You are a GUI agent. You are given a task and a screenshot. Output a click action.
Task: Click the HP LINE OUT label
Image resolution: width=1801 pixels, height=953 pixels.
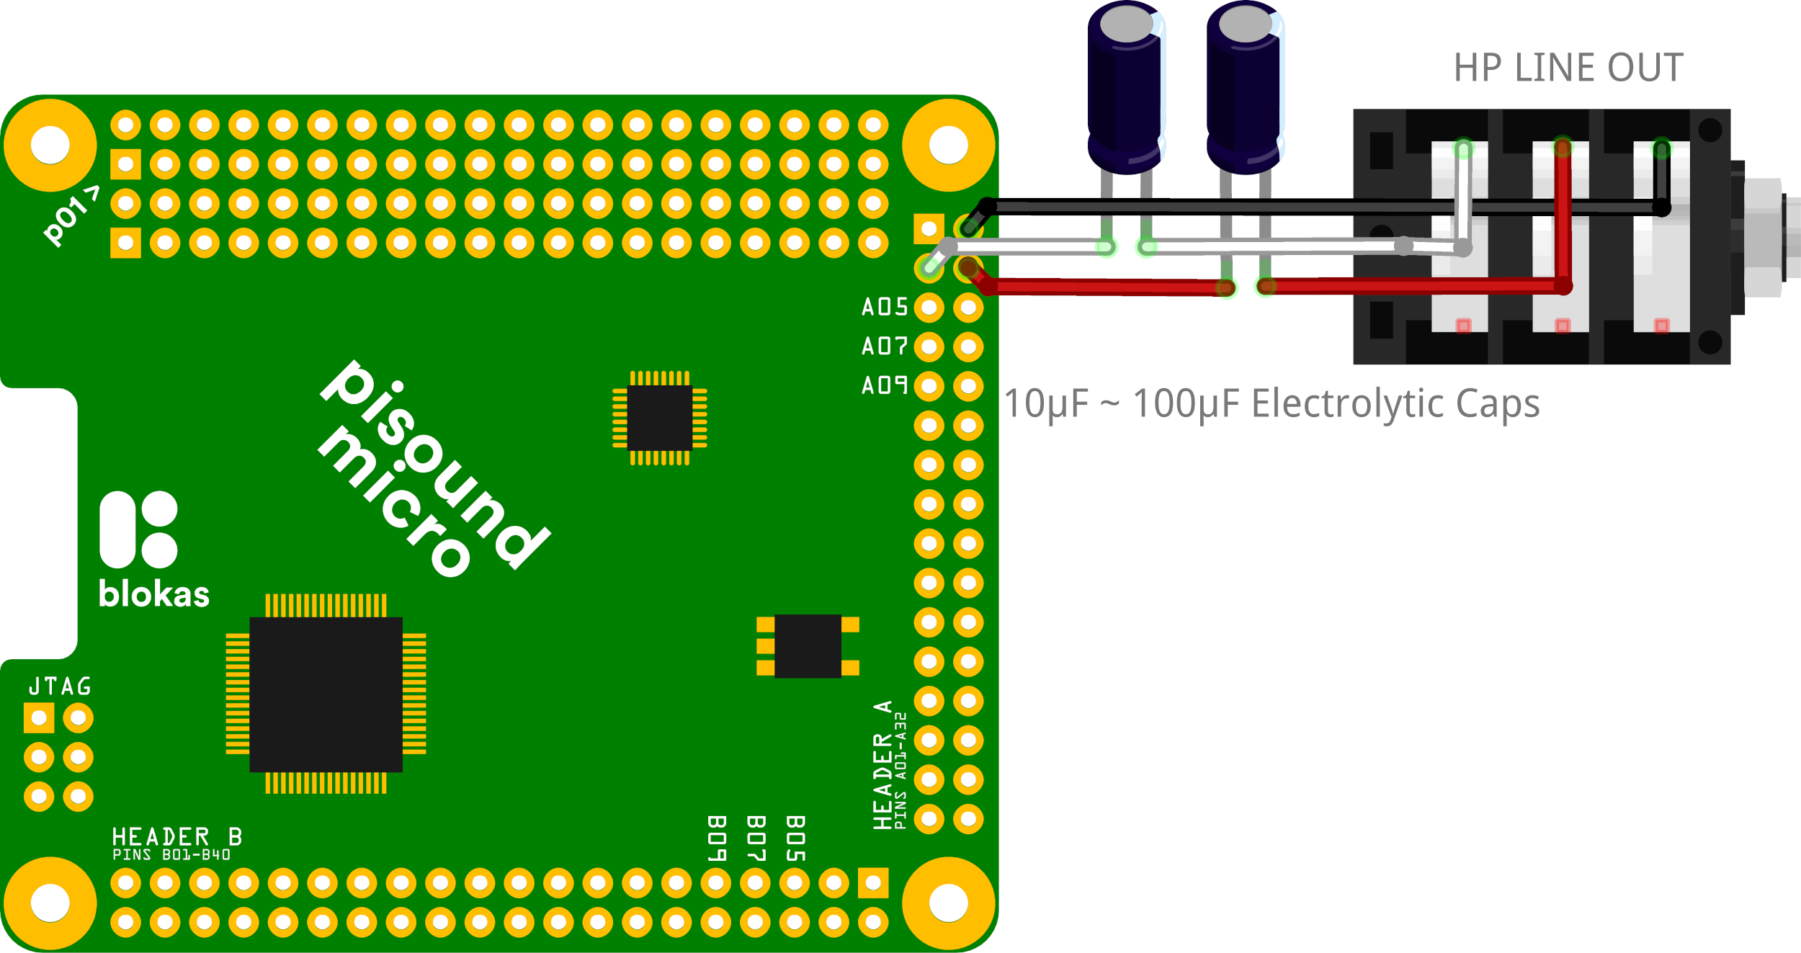click(1568, 68)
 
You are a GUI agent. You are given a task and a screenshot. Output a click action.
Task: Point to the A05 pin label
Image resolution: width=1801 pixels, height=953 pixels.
click(885, 308)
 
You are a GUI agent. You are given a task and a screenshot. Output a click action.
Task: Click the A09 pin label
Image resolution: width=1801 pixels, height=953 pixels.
click(885, 386)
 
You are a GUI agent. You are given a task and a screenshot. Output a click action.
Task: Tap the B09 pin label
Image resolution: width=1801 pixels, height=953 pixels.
click(716, 838)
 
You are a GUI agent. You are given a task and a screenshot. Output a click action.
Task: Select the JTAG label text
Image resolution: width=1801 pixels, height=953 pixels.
click(61, 686)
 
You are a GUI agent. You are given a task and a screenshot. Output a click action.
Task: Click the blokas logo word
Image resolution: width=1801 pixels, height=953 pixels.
click(153, 595)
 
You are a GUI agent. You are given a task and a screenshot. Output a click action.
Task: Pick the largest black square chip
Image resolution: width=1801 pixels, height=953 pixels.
click(326, 694)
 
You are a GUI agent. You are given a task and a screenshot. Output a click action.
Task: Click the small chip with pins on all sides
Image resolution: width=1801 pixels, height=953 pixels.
click(659, 419)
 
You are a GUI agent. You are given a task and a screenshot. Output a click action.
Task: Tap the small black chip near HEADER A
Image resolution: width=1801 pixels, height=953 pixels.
click(808, 646)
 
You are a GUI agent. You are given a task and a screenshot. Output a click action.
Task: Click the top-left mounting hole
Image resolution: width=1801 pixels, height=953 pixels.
click(50, 145)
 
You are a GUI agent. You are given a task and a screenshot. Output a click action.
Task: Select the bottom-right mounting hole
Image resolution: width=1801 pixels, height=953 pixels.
click(948, 903)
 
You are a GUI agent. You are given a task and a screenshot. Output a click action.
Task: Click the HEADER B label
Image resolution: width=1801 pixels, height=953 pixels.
click(176, 837)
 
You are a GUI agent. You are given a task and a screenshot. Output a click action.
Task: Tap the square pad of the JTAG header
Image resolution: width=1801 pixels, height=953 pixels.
click(39, 718)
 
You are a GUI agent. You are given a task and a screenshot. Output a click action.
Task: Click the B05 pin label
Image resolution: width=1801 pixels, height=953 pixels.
click(795, 838)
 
